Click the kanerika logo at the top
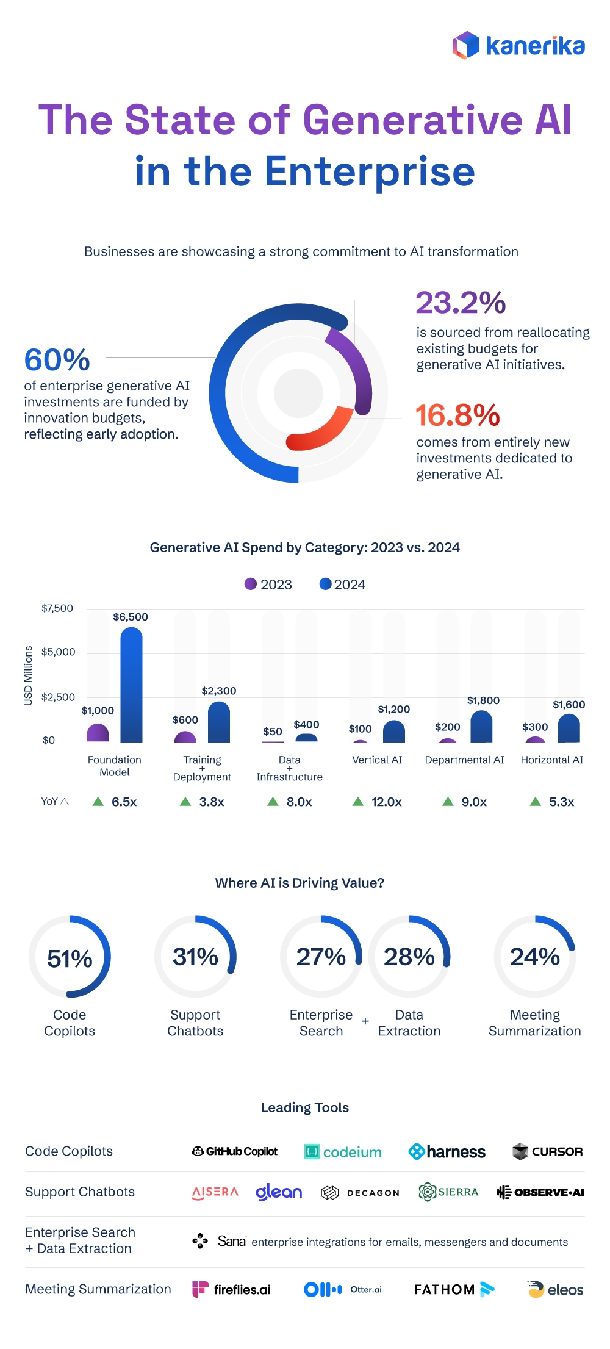(x=518, y=46)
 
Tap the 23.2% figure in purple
(x=461, y=303)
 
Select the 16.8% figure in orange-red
(x=457, y=415)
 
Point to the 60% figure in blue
(x=57, y=360)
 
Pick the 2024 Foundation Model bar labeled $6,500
(x=131, y=686)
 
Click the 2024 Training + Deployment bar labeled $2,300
(x=218, y=723)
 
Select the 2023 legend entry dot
(x=251, y=584)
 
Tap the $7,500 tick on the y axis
(x=57, y=608)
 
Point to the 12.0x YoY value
(x=386, y=802)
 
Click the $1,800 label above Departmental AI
(x=483, y=700)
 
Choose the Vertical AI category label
(x=377, y=760)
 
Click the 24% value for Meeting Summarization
(x=534, y=957)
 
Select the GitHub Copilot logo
(x=234, y=1151)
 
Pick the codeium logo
(x=343, y=1152)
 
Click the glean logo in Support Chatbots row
(x=278, y=1192)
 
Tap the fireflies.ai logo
(x=231, y=1289)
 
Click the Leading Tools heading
(x=304, y=1107)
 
